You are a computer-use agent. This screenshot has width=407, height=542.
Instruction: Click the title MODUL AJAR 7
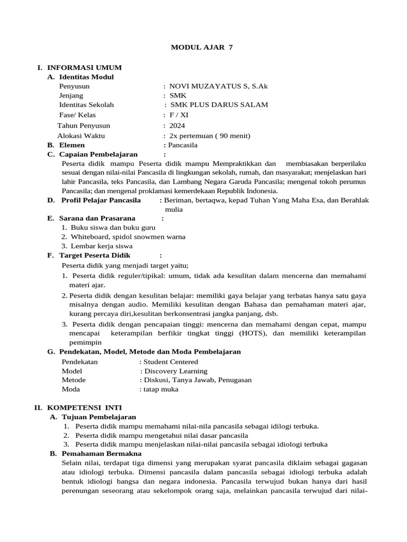(x=201, y=48)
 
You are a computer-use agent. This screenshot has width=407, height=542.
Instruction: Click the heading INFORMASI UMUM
(x=84, y=67)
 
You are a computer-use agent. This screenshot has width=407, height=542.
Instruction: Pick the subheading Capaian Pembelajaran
(x=99, y=154)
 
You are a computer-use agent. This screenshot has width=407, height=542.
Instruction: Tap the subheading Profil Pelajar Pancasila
(x=101, y=200)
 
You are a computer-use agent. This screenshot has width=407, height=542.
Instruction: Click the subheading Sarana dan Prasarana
(x=97, y=218)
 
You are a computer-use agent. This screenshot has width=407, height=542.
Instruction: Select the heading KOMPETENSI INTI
(x=85, y=408)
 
